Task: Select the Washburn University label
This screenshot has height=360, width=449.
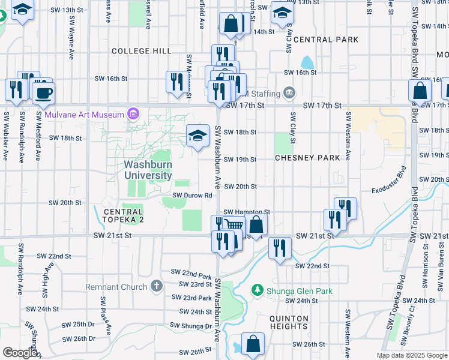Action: click(x=148, y=169)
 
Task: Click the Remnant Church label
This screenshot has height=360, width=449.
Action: click(x=116, y=286)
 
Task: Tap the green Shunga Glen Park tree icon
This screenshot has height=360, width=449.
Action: click(x=258, y=291)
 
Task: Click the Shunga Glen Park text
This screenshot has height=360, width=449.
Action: click(x=299, y=292)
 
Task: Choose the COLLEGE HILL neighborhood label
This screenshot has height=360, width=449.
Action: click(x=141, y=52)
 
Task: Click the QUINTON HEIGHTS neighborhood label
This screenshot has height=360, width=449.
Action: click(x=289, y=322)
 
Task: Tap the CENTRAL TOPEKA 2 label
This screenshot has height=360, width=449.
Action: click(x=123, y=215)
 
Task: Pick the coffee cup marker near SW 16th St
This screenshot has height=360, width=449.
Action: click(x=43, y=92)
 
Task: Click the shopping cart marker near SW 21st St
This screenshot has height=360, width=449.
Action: click(x=234, y=225)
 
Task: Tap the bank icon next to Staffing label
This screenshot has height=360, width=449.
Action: click(x=289, y=92)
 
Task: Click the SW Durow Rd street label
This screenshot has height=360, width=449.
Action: click(x=193, y=195)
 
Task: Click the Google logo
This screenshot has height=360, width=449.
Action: click(x=20, y=353)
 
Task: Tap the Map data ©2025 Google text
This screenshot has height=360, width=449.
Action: click(x=411, y=355)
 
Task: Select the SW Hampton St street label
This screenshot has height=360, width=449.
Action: click(x=247, y=212)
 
